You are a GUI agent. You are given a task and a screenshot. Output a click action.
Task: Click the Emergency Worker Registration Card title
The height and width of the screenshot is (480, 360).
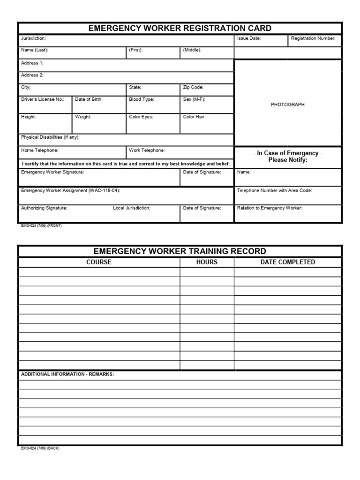click(x=180, y=29)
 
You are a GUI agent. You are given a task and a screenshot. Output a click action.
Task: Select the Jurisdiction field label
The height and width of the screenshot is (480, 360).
click(x=33, y=38)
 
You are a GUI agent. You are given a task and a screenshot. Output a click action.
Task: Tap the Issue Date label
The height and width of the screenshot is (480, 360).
click(x=249, y=38)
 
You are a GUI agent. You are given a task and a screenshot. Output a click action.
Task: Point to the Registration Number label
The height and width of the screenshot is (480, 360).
click(x=313, y=38)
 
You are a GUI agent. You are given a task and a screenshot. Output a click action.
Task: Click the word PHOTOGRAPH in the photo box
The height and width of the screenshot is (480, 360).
click(x=287, y=105)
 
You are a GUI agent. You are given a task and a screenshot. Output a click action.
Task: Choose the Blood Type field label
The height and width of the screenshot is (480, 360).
click(x=142, y=99)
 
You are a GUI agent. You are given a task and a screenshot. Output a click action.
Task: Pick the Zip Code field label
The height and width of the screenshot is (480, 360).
click(x=193, y=87)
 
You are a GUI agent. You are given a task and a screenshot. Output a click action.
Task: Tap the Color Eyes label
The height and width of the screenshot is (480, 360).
click(x=141, y=117)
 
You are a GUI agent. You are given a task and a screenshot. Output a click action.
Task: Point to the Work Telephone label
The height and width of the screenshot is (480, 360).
click(x=147, y=150)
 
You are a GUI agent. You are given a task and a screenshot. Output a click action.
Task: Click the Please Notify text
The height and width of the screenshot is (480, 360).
click(x=287, y=160)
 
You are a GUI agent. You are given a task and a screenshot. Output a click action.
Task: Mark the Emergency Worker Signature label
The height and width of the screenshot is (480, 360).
click(x=52, y=172)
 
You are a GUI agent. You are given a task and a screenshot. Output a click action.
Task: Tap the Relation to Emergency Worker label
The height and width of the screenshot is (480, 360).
click(x=270, y=208)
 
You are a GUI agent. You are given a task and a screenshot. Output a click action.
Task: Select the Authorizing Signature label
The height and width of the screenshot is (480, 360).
click(x=44, y=208)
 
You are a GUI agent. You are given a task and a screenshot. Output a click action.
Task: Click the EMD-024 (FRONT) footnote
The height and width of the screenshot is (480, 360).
click(x=41, y=225)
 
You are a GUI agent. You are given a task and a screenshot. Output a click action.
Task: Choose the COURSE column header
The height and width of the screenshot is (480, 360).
click(x=99, y=262)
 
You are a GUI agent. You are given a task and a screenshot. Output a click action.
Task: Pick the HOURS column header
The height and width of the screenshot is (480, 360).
click(x=207, y=262)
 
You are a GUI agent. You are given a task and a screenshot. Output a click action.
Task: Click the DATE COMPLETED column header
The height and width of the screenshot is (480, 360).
click(x=288, y=262)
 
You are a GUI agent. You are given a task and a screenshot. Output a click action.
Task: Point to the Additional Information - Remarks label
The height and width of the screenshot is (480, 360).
click(x=67, y=374)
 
